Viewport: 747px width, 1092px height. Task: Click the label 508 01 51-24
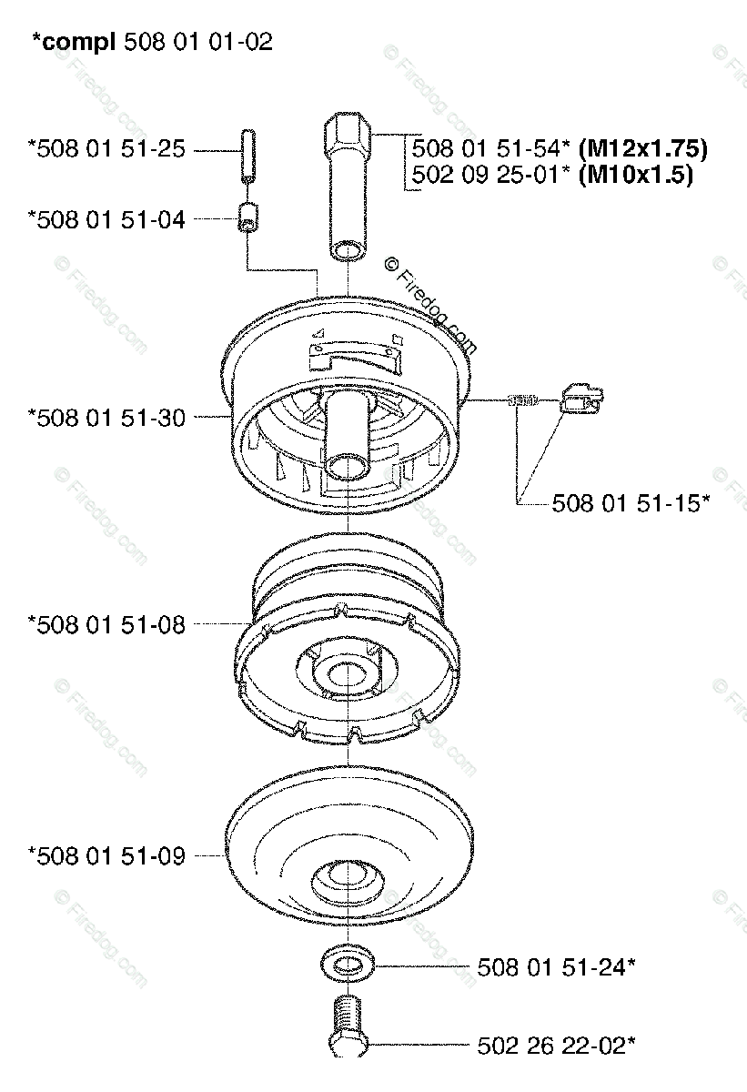coord(557,967)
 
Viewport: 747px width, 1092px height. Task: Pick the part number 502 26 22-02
coord(557,1046)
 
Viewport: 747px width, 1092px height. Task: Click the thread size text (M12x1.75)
coord(642,148)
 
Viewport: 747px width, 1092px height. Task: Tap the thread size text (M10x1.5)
coord(636,175)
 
